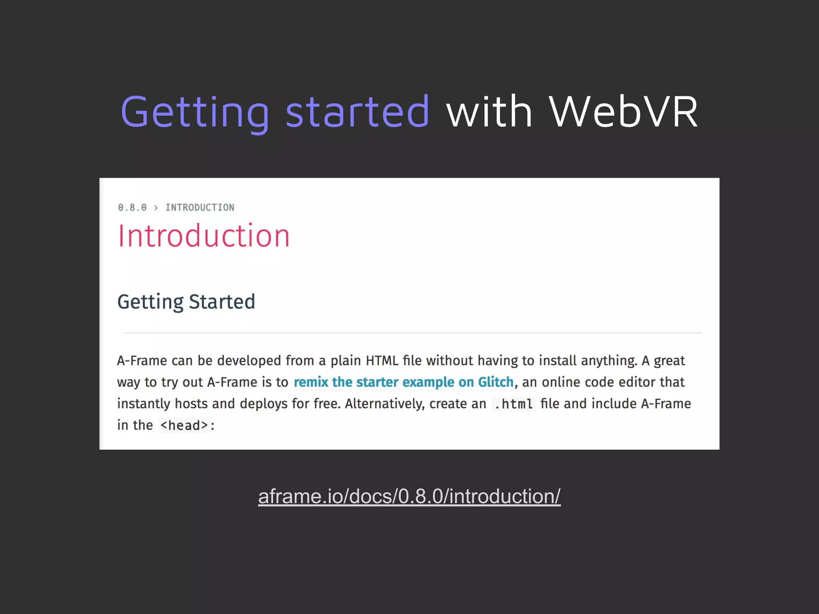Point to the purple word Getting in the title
pyautogui.click(x=195, y=113)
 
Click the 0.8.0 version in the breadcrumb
pyautogui.click(x=132, y=207)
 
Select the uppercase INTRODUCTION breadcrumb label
pyautogui.click(x=200, y=207)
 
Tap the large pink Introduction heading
pyautogui.click(x=204, y=236)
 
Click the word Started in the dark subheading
pyautogui.click(x=222, y=301)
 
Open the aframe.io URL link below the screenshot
pyautogui.click(x=409, y=496)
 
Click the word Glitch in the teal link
pyautogui.click(x=495, y=382)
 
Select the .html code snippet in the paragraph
pyautogui.click(x=513, y=404)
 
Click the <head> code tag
pyautogui.click(x=184, y=426)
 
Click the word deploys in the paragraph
pyautogui.click(x=264, y=404)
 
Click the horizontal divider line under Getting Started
pyautogui.click(x=412, y=333)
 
